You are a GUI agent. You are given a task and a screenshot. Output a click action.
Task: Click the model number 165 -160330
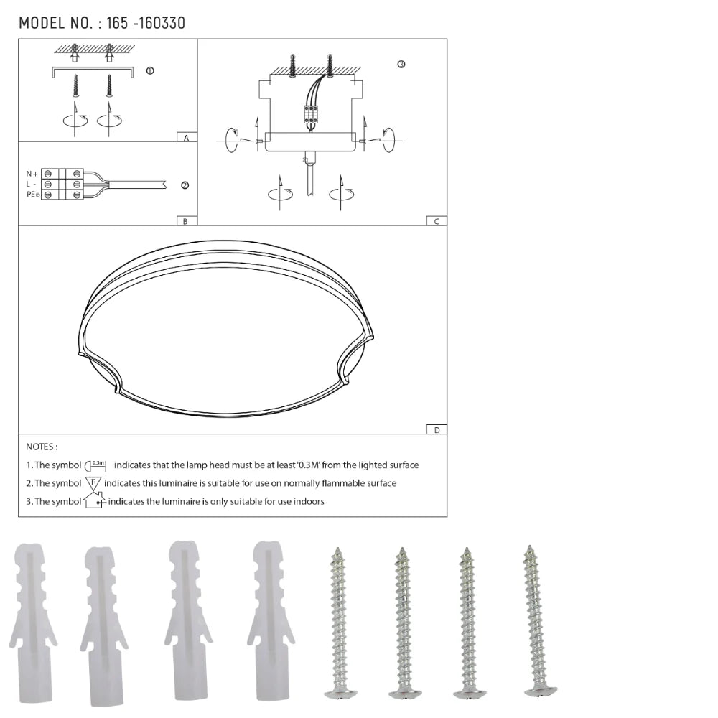point(146,23)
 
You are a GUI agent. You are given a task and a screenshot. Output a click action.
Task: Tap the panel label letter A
point(186,138)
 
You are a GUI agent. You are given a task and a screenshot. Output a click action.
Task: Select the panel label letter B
point(185,222)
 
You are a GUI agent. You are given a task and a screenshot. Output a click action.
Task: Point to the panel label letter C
point(437,222)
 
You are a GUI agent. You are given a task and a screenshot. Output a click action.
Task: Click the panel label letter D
point(437,430)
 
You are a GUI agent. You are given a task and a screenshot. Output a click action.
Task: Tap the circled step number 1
point(150,70)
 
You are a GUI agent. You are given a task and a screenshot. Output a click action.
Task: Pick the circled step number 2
point(185,185)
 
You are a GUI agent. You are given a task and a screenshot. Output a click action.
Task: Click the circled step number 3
point(401,65)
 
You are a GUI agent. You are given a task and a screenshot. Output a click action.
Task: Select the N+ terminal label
point(32,174)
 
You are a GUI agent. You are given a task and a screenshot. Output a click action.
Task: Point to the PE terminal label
point(32,195)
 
